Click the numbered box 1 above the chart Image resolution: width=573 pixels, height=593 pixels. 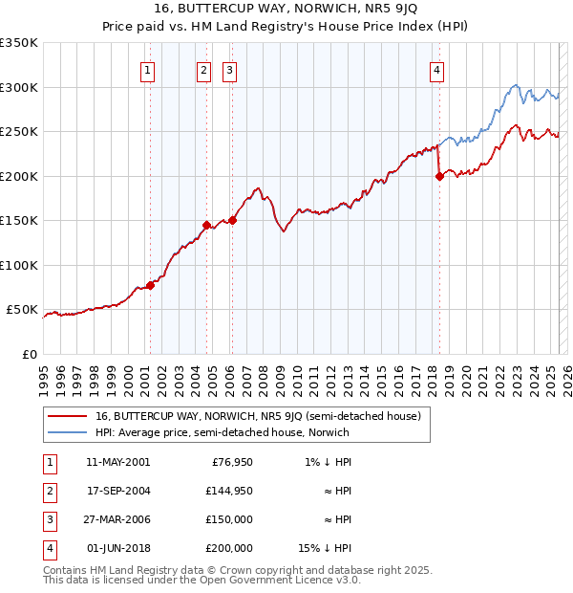point(149,69)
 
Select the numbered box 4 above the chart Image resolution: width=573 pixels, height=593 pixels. point(436,69)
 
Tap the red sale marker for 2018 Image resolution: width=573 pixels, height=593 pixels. point(439,176)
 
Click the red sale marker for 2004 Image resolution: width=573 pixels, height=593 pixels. point(206,226)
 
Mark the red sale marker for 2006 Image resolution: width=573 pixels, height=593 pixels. point(232,220)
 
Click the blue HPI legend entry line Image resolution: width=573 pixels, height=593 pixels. point(68,432)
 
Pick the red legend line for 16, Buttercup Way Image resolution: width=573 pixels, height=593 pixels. point(68,416)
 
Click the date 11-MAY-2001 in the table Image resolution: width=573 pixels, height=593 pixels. point(117,463)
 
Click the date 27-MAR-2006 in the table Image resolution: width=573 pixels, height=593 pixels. point(117,519)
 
